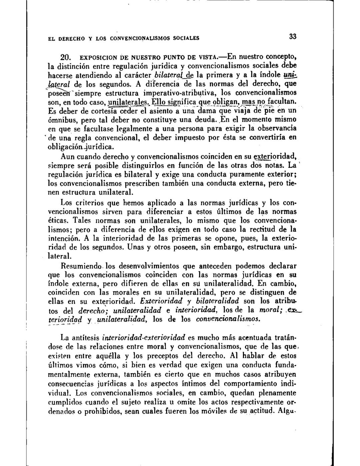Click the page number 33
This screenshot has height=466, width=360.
tap(293, 37)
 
